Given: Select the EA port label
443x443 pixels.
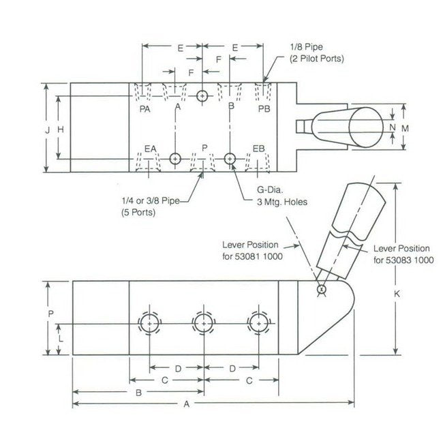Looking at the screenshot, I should [x=151, y=148].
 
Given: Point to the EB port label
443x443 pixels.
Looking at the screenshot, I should [x=258, y=148].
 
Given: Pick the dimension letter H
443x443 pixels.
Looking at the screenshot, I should [x=61, y=129].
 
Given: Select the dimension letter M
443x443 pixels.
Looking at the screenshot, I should [x=404, y=127].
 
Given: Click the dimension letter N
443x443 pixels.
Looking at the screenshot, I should [x=393, y=127].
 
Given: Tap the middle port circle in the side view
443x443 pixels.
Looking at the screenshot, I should [x=203, y=322].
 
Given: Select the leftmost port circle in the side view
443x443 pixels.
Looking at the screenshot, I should [x=149, y=322].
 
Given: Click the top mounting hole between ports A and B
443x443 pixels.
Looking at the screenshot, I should [x=202, y=96].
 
